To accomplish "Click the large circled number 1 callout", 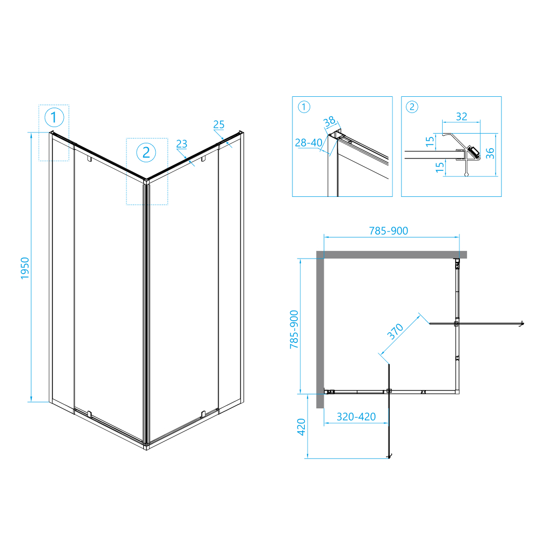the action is click(54, 117).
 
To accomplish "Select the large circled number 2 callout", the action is click(146, 152).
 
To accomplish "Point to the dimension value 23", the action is click(182, 144).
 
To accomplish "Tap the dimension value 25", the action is click(219, 125).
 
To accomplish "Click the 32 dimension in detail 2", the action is click(461, 116).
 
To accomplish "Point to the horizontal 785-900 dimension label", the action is click(389, 231).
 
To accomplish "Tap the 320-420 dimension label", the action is click(356, 417).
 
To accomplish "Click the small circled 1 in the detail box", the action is click(304, 107).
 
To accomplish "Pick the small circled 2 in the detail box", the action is click(412, 107).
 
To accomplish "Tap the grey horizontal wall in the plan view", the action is click(392, 254).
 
